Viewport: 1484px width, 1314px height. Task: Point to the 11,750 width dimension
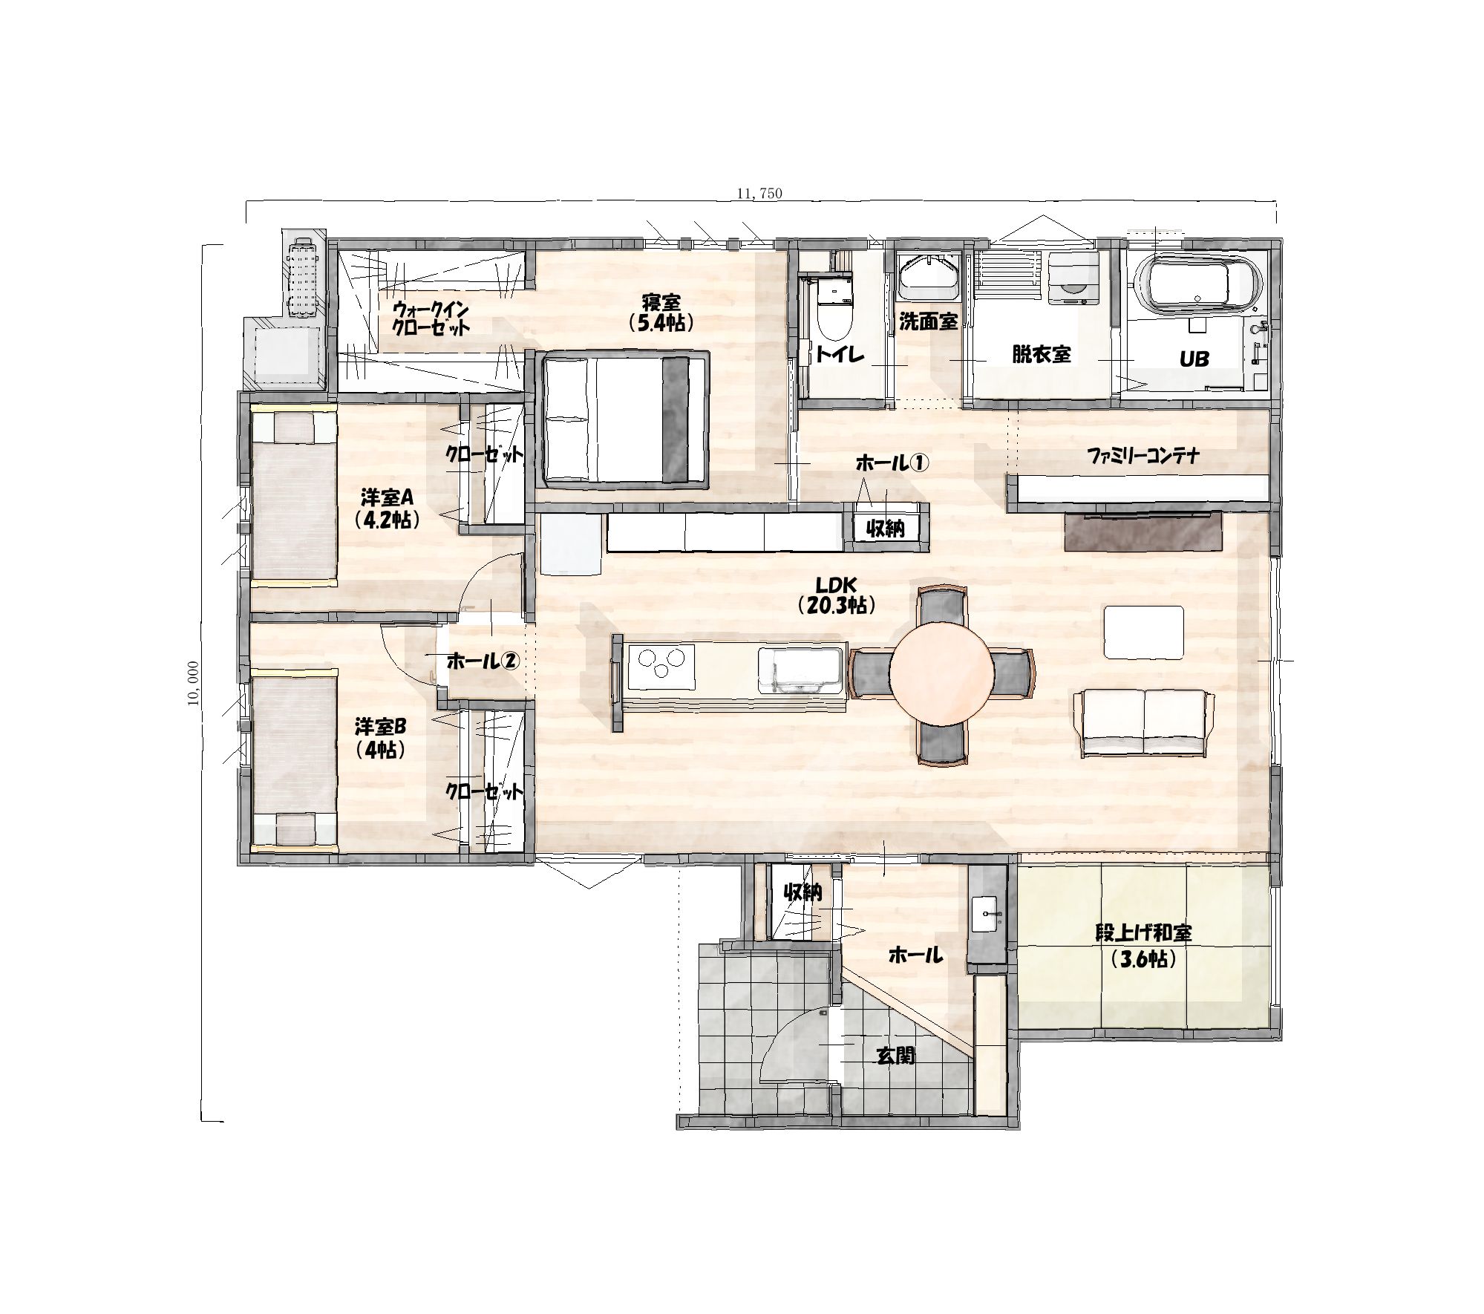[x=759, y=193]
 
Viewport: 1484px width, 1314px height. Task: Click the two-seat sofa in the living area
[x=1143, y=722]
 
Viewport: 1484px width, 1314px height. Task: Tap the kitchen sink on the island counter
[x=800, y=670]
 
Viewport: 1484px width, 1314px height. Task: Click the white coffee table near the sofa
[x=1143, y=631]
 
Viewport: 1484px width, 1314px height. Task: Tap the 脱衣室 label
[x=1042, y=354]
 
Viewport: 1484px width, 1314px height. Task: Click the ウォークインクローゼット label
[x=431, y=318]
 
